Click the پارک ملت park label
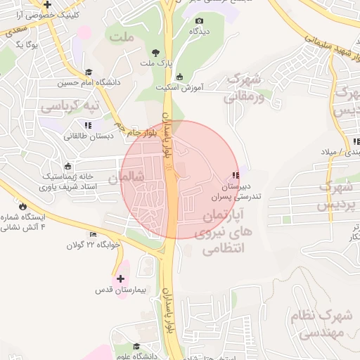[155, 65]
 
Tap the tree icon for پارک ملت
[155, 53]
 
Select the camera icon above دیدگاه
[199, 22]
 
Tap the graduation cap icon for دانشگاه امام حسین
[89, 72]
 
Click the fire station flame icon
[26, 206]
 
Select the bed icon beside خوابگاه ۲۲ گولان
[94, 235]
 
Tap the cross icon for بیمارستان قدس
[120, 278]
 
